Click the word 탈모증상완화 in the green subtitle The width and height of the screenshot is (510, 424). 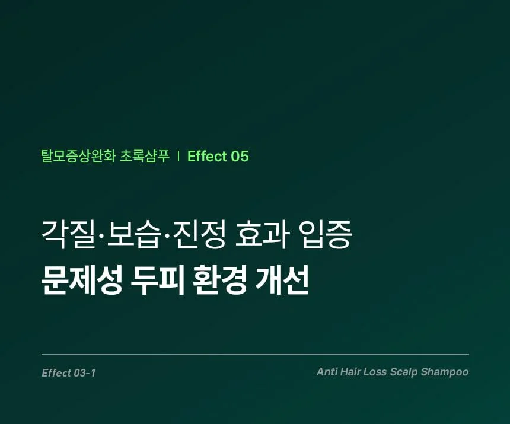(x=78, y=157)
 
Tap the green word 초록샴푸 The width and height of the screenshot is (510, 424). (x=145, y=157)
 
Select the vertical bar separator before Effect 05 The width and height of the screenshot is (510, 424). (x=179, y=157)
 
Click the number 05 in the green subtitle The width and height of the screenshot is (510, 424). (x=240, y=157)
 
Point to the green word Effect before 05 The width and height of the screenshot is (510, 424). (x=207, y=157)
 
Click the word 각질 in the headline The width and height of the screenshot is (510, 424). (x=69, y=234)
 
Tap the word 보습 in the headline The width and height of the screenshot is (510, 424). (x=135, y=234)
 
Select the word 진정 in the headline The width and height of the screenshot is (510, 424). (x=199, y=234)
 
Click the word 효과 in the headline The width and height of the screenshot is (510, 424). (x=262, y=234)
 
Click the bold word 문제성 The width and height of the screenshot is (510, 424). (x=82, y=280)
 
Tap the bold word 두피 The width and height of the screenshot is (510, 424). (x=157, y=280)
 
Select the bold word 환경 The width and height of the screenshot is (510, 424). (x=219, y=280)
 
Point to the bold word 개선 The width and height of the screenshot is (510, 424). (x=282, y=280)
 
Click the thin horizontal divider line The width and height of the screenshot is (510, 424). (x=256, y=355)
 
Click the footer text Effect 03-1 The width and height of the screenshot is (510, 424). (x=69, y=373)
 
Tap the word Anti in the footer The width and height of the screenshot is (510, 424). (x=327, y=372)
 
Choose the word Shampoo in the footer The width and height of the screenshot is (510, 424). (x=445, y=372)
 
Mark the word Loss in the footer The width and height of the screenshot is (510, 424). (x=375, y=372)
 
